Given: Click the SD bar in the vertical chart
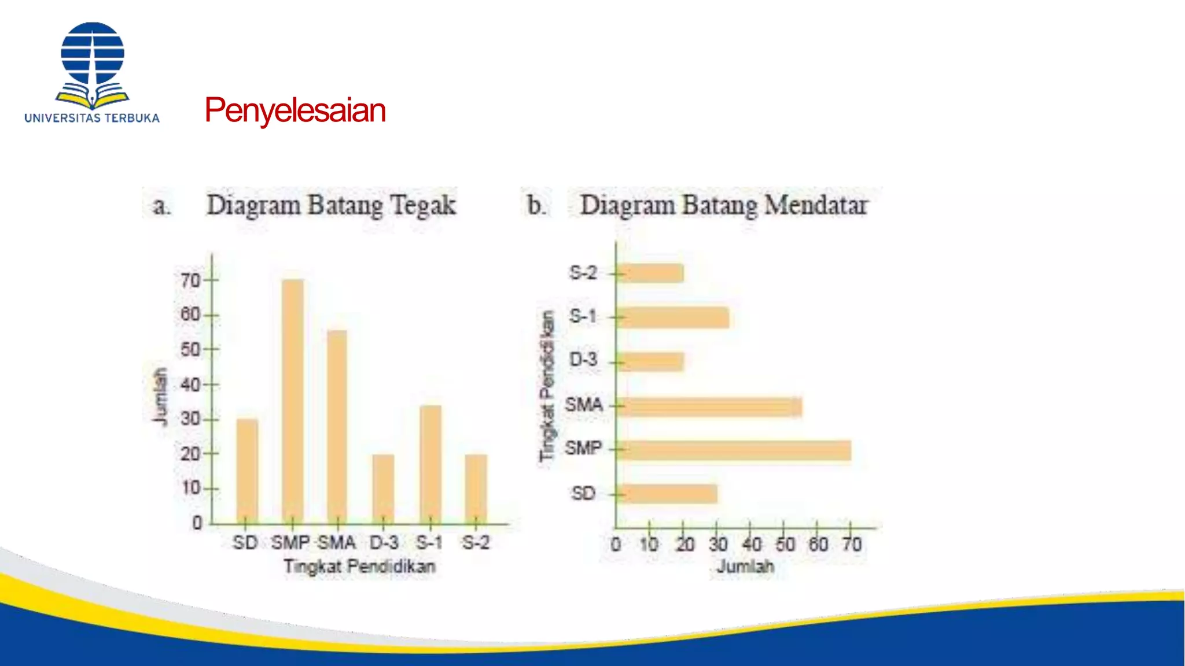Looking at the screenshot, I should tap(247, 471).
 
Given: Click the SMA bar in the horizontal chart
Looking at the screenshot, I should tap(709, 407).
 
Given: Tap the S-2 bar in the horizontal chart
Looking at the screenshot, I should tap(650, 273).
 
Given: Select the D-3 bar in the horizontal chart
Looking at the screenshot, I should tap(650, 362).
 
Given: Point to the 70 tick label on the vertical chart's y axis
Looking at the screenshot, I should tap(190, 281).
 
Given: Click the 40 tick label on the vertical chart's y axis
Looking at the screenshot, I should tap(190, 384).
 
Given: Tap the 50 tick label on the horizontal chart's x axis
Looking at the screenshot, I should tap(785, 545).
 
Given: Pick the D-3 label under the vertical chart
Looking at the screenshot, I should tap(384, 543).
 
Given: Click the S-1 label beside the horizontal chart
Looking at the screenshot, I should tap(583, 316).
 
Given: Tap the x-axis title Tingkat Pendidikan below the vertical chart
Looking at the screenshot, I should tap(359, 567).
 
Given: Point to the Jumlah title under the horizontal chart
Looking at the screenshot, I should tap(745, 567).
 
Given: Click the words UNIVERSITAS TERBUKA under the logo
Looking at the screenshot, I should tap(92, 118).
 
